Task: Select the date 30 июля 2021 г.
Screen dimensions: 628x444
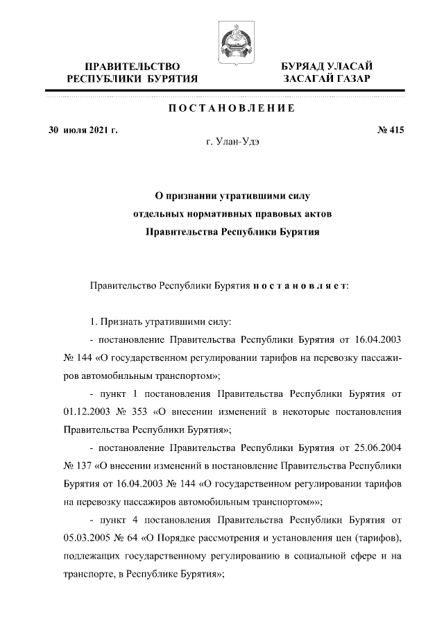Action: (83, 130)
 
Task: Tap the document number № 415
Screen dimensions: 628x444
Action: (389, 130)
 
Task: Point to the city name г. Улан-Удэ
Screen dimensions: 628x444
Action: (232, 143)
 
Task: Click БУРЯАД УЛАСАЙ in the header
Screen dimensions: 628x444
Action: (326, 66)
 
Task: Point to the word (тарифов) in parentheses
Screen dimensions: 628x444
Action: (379, 538)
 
